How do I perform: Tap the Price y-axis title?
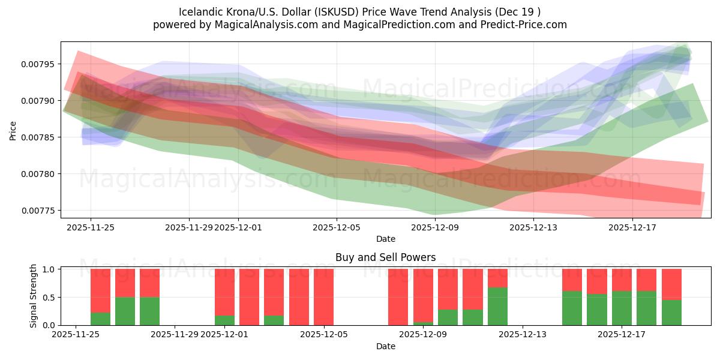pos(13,130)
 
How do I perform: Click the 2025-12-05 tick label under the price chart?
pos(337,227)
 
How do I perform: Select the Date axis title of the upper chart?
pos(385,239)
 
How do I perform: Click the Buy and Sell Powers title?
pos(385,258)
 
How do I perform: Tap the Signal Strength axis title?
pos(34,296)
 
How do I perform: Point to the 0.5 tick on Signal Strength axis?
pos(49,297)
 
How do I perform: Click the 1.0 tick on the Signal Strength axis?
pos(49,269)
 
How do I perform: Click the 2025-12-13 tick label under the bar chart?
pos(523,335)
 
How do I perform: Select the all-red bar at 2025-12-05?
pos(323,297)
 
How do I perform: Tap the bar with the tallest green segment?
pos(497,306)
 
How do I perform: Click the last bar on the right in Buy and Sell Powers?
pos(671,297)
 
